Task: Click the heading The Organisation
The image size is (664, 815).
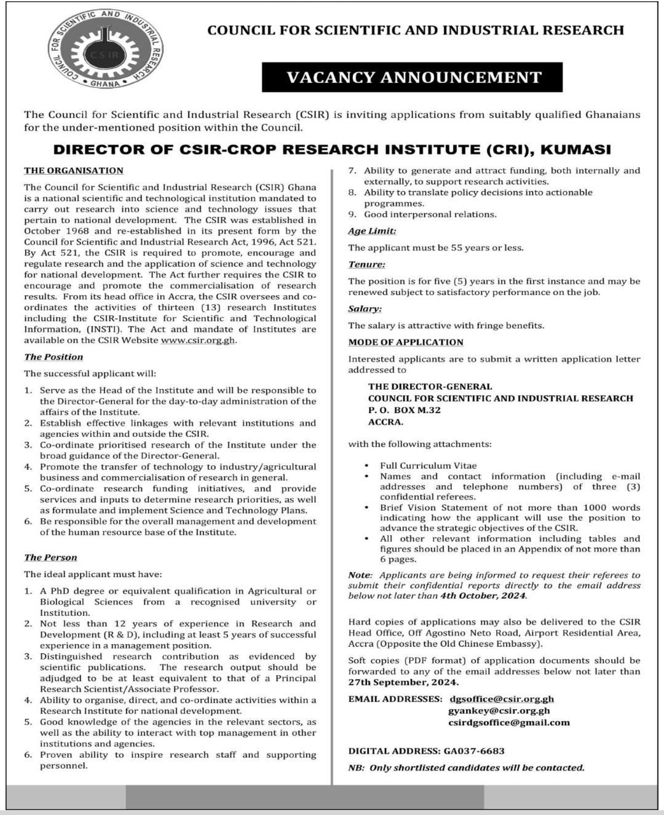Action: tap(74, 171)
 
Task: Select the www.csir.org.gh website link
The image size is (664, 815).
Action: tap(198, 341)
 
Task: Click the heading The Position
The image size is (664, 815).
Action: tap(53, 357)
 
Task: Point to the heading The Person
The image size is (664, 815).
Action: tap(50, 557)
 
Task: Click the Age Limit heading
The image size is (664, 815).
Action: tap(372, 231)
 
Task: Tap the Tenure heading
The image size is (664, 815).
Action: tap(366, 264)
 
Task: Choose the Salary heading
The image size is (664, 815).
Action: tap(365, 309)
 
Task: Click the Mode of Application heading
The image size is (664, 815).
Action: tap(406, 342)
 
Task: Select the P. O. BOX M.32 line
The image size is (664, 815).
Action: tap(405, 410)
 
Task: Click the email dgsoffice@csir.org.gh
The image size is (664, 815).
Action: tap(502, 699)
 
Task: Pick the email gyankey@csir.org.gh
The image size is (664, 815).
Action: tap(499, 711)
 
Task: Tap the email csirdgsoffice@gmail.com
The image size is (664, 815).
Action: tap(509, 722)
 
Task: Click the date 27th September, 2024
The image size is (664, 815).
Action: tap(403, 683)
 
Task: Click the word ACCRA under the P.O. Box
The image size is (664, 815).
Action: tap(386, 422)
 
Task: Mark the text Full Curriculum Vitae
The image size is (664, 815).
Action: tap(428, 466)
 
